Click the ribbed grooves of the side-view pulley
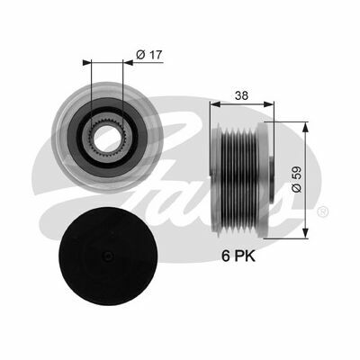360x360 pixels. tap(238, 171)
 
